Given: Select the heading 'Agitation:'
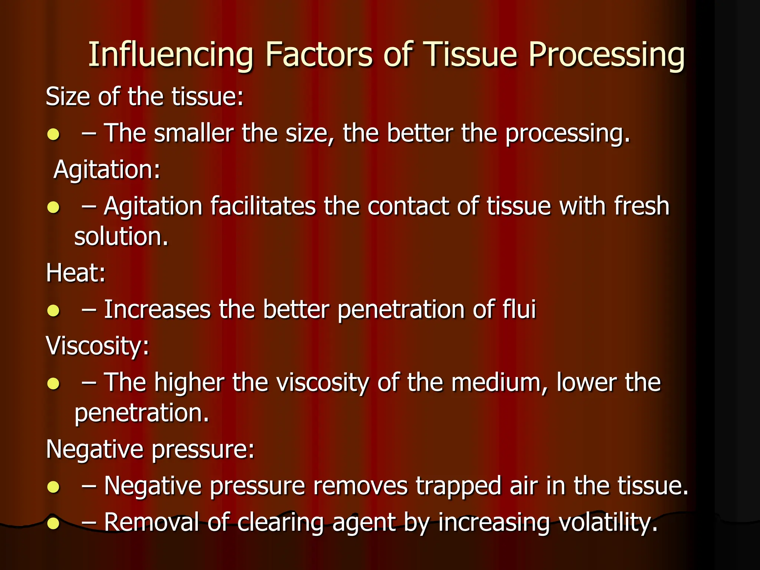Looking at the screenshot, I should (x=107, y=170).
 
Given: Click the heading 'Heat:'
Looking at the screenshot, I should (x=76, y=273).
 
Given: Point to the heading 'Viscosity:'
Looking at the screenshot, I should (x=97, y=346).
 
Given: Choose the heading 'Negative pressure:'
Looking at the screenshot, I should (x=150, y=449).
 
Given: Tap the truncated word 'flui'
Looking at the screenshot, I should (x=519, y=309).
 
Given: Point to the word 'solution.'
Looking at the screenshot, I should (x=121, y=237).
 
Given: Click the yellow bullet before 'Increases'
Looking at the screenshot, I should (x=53, y=310).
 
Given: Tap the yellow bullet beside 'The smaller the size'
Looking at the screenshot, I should (x=53, y=134).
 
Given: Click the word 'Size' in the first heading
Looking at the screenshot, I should (x=68, y=96).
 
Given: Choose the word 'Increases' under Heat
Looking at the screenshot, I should (x=157, y=309).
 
